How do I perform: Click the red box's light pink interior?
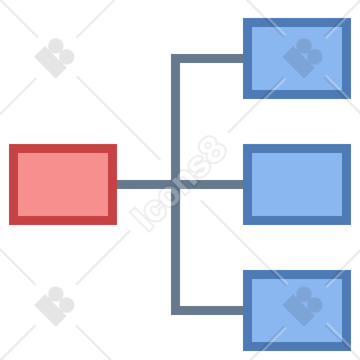[x=63, y=184]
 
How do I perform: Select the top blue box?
[x=297, y=58]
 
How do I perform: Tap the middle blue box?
[x=297, y=184]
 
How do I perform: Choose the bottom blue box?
[x=297, y=310]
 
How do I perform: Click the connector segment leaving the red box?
[x=144, y=184]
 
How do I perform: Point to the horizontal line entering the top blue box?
[x=211, y=58]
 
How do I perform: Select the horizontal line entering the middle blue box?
[x=211, y=184]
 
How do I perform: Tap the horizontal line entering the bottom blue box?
[x=211, y=310]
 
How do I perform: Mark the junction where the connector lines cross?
[x=175, y=184]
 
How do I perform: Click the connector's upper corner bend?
[x=175, y=58]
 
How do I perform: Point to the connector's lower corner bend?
[x=175, y=310]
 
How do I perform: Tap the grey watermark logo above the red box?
[x=55, y=58]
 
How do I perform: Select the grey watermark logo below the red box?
[x=55, y=306]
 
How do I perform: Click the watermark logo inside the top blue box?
[x=302, y=58]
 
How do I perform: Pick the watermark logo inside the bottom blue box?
[x=302, y=306]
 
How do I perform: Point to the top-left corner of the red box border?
[x=9, y=144]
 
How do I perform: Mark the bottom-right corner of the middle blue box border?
[x=351, y=225]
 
